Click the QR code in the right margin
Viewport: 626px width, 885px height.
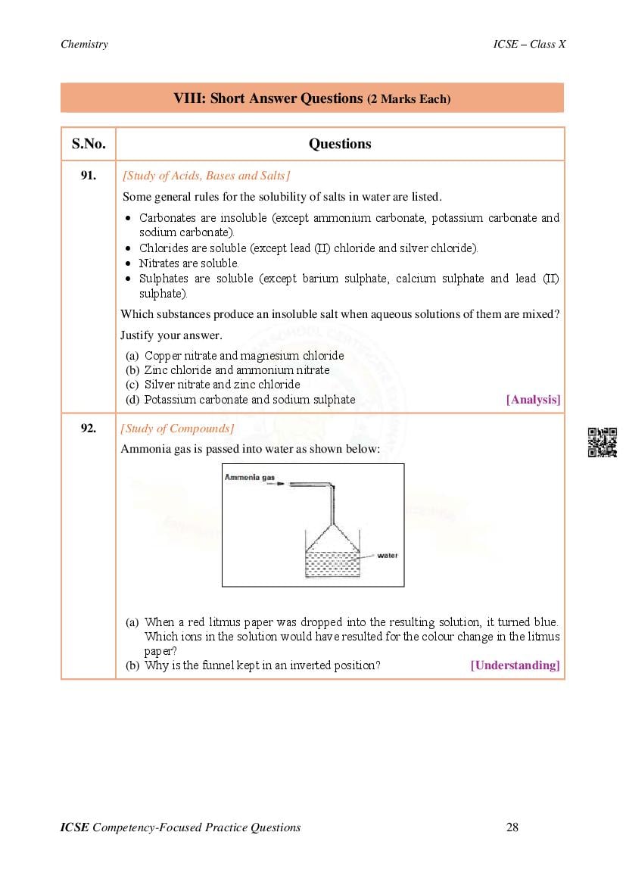pyautogui.click(x=603, y=442)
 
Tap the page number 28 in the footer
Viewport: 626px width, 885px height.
pyautogui.click(x=512, y=827)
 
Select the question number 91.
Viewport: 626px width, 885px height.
pyautogui.click(x=89, y=176)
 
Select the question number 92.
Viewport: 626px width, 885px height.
pyautogui.click(x=89, y=428)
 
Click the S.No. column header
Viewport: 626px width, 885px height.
pyautogui.click(x=89, y=144)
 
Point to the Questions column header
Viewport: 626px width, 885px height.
pyautogui.click(x=340, y=144)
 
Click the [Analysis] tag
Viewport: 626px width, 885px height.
pyautogui.click(x=533, y=400)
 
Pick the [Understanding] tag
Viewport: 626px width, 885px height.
pyautogui.click(x=515, y=665)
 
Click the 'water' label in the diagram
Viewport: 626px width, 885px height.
pyautogui.click(x=388, y=556)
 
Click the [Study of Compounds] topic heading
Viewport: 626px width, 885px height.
pyautogui.click(x=177, y=428)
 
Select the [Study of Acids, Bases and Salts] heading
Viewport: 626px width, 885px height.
pyautogui.click(x=206, y=176)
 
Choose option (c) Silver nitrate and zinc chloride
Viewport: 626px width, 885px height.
pyautogui.click(x=222, y=385)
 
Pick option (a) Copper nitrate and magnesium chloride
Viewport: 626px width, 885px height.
pyautogui.click(x=244, y=356)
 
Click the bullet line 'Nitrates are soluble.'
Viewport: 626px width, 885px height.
pyautogui.click(x=188, y=263)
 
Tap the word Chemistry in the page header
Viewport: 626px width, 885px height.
pyautogui.click(x=84, y=44)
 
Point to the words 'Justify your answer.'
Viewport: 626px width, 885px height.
pyautogui.click(x=171, y=335)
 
